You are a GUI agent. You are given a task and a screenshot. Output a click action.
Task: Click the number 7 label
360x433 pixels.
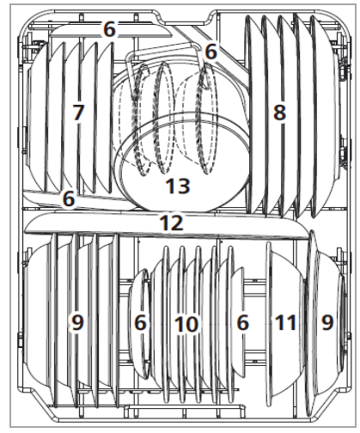(x=78, y=113)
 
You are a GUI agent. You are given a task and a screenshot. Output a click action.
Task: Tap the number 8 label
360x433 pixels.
(x=278, y=113)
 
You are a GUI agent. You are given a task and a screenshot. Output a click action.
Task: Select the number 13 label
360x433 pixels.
(x=178, y=185)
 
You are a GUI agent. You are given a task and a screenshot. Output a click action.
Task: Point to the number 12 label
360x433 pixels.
(x=171, y=223)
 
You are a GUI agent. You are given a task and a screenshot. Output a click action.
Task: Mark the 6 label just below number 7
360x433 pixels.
(x=68, y=199)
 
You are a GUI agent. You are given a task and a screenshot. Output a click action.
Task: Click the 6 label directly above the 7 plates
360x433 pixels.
(x=109, y=29)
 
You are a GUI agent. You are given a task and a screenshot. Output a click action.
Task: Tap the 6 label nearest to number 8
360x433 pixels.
(x=211, y=52)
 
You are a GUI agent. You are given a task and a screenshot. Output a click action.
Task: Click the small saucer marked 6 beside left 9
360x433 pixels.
(x=141, y=344)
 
